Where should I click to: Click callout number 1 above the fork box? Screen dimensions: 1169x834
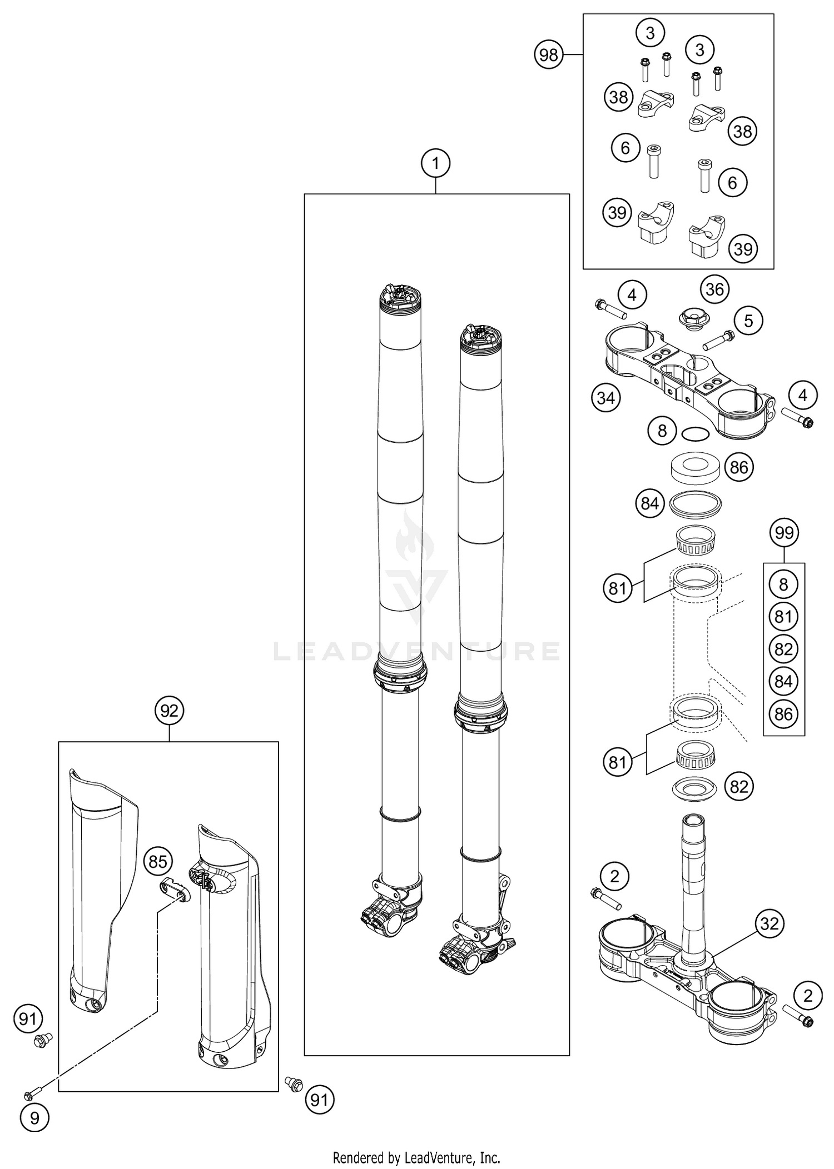pos(435,163)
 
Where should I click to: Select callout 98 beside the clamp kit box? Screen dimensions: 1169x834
pos(548,55)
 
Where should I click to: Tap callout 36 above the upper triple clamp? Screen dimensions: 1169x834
pos(714,289)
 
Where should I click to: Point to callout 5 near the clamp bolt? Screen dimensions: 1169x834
pos(748,321)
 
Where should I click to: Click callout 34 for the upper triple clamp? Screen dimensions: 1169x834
pos(605,398)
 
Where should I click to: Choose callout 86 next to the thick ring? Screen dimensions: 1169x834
pos(738,467)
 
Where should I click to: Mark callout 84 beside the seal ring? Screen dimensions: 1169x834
pos(649,503)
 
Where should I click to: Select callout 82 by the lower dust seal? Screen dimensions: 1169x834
pos(739,786)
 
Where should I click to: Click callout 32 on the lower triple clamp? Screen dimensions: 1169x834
pos(770,924)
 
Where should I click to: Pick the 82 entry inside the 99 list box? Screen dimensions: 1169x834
pos(783,649)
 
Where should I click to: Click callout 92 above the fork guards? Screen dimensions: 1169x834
pos(169,711)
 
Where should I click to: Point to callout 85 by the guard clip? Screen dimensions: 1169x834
pos(158,862)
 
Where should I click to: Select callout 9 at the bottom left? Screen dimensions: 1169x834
pos(34,1118)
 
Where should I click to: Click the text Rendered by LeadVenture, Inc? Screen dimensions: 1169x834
pos(416,1158)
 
